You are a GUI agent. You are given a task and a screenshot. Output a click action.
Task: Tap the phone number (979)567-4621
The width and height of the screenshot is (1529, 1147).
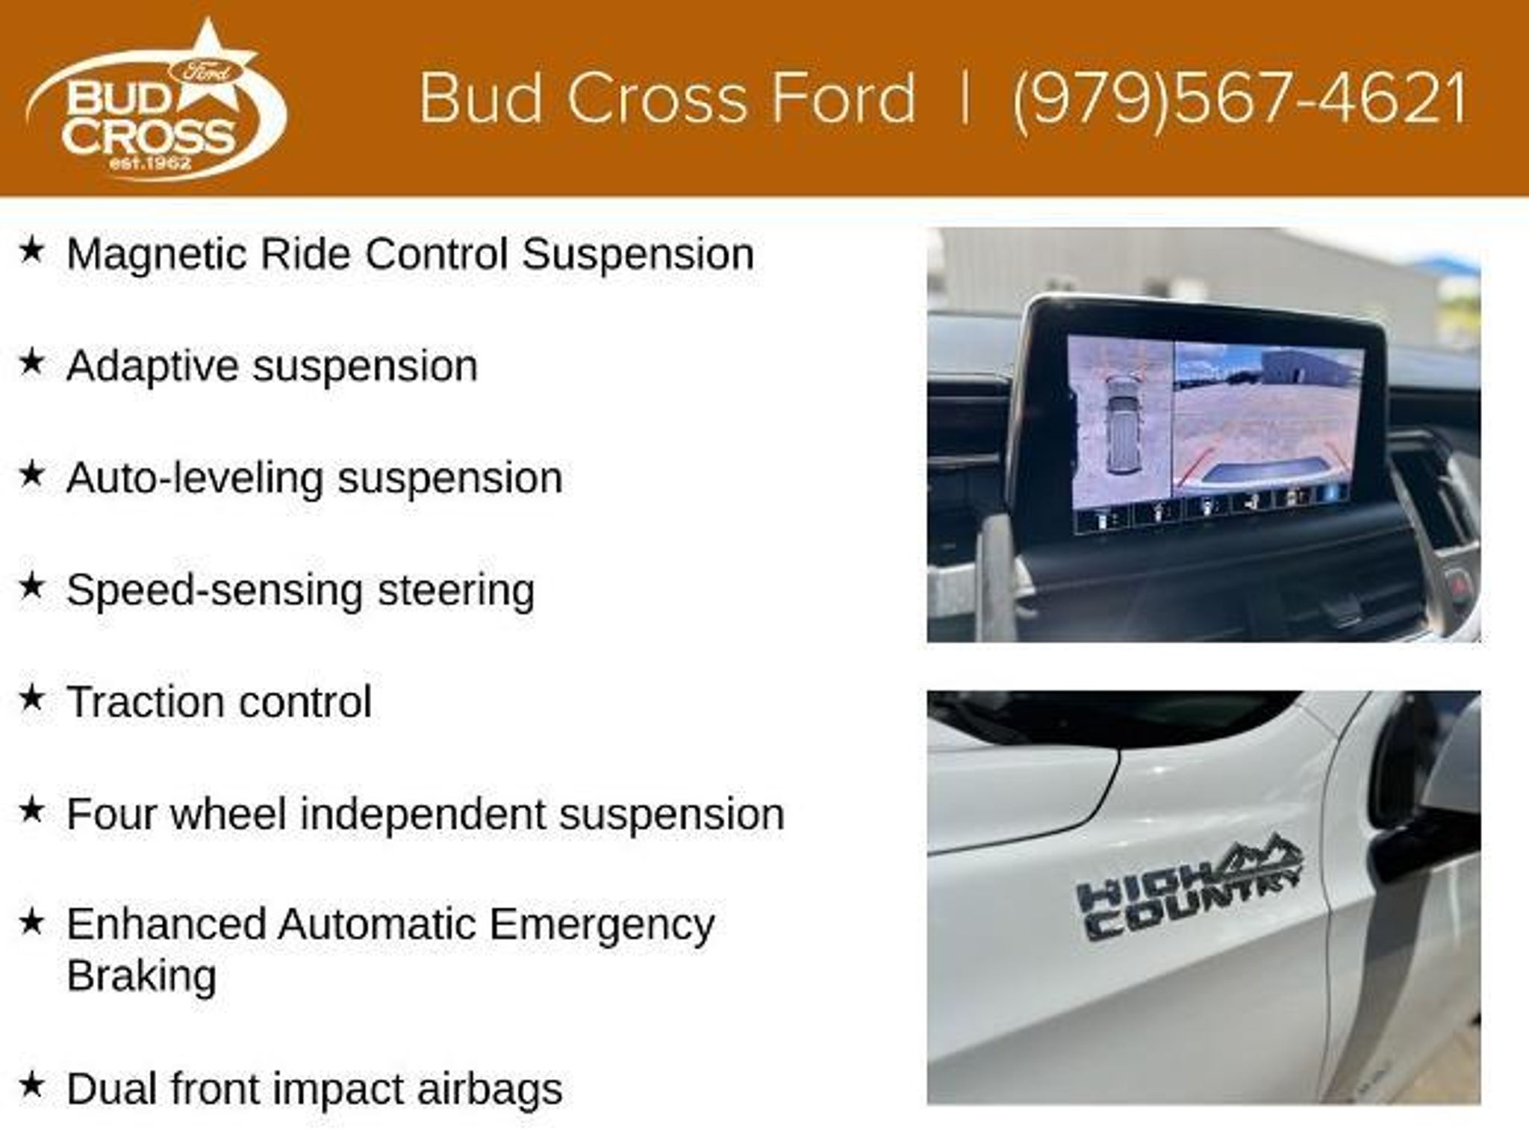coord(1240,99)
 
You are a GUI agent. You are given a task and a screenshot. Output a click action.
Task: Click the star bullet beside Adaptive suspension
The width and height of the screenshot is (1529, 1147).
coord(32,363)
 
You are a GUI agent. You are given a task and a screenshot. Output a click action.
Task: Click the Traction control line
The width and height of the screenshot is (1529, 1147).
coord(219,702)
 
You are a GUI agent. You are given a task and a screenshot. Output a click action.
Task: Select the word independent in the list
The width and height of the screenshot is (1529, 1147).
coord(423,814)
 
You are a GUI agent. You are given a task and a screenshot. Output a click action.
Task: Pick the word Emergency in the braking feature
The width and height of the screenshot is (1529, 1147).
coord(602,926)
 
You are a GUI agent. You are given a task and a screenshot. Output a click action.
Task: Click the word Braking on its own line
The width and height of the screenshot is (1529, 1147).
coord(142,975)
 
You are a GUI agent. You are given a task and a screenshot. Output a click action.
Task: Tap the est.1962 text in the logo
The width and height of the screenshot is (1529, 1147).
coord(150,161)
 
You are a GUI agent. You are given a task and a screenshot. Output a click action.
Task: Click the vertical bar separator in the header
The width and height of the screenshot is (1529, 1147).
coord(965,97)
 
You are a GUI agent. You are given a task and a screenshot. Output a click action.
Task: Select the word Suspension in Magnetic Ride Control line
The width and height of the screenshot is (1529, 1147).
coord(638,255)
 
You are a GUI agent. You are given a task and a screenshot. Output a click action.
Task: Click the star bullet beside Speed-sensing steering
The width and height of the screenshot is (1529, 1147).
coord(32,587)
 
